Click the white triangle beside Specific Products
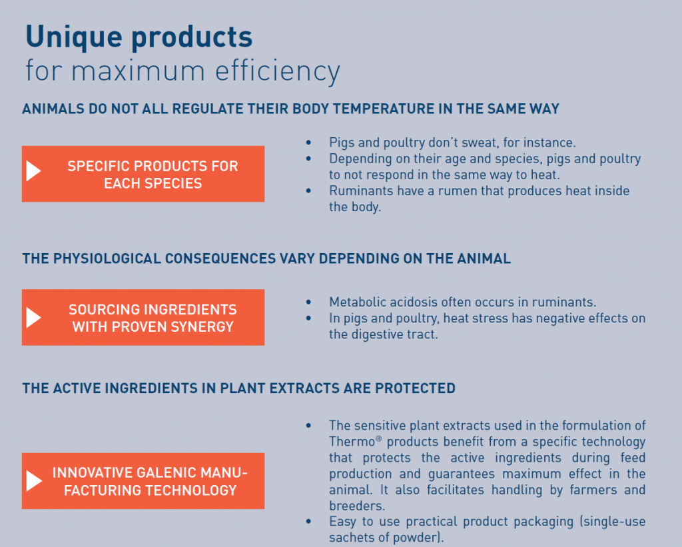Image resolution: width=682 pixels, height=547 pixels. (33, 171)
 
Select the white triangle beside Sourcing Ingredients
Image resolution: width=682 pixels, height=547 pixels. (33, 317)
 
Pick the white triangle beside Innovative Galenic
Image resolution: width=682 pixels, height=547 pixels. (34, 481)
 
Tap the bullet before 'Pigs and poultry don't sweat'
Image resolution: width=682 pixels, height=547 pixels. (308, 143)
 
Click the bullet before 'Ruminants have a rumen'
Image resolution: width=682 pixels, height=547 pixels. (308, 191)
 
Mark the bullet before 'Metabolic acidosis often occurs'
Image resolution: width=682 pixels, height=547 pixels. (308, 302)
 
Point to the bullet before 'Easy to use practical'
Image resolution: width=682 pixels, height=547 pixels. (308, 521)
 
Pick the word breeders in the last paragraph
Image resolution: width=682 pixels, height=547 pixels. (357, 506)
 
